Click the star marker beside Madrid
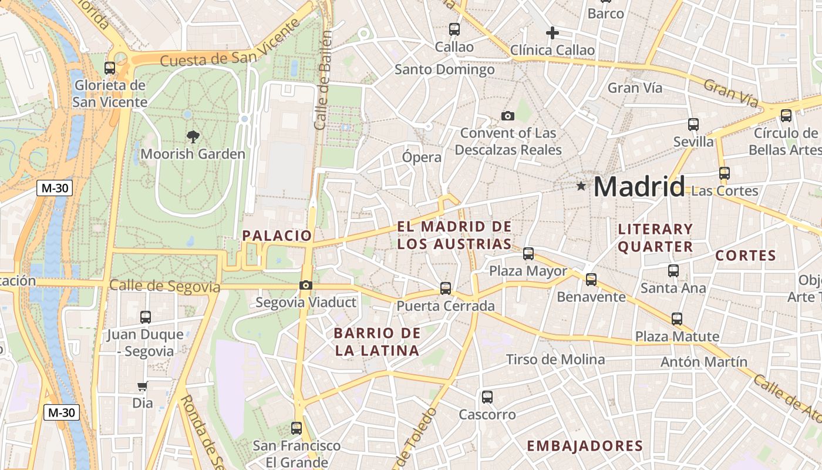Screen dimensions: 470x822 [581, 186]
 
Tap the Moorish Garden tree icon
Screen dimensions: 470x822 [193, 137]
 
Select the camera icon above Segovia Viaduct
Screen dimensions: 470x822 [305, 286]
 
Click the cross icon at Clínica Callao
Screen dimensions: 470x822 [552, 33]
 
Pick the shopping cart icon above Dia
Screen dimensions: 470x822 [142, 387]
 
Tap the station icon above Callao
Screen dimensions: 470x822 [454, 29]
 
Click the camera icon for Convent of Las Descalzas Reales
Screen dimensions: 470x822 [508, 116]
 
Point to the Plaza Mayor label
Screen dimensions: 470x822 [528, 271]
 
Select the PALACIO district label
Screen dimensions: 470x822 [277, 236]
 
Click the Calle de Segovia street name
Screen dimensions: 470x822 [164, 287]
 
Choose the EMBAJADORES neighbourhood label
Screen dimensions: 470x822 [585, 446]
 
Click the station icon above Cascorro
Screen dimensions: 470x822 [487, 397]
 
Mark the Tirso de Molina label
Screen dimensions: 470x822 [555, 359]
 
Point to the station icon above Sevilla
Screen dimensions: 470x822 [693, 125]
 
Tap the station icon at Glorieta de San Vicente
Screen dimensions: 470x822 [110, 68]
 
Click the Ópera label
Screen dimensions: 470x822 [422, 157]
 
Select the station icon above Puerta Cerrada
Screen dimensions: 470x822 [446, 288]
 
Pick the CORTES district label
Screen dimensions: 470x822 [746, 256]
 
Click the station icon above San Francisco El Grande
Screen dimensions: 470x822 [297, 428]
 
